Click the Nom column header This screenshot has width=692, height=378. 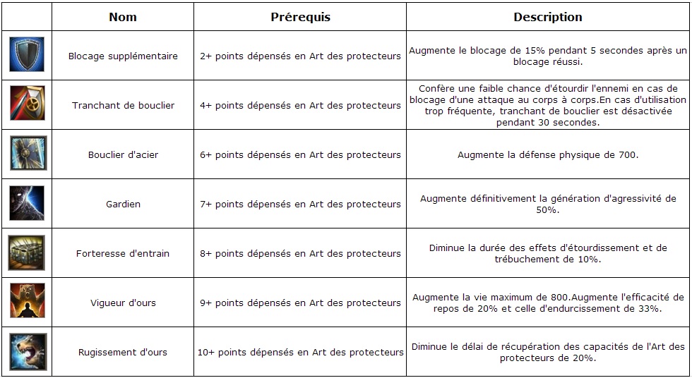(x=123, y=17)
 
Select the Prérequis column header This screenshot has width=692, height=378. (x=300, y=17)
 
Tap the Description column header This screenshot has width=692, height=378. (x=547, y=17)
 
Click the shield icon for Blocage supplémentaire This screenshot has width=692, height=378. (x=28, y=55)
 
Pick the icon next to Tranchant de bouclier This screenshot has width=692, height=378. (x=28, y=104)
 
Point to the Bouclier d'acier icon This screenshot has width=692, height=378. (x=28, y=154)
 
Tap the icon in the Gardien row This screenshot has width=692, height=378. (x=28, y=203)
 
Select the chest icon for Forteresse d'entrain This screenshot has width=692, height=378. (x=28, y=252)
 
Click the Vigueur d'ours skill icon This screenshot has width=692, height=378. (x=28, y=302)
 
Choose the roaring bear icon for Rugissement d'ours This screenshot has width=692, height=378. (x=28, y=351)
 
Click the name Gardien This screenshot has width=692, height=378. (x=123, y=205)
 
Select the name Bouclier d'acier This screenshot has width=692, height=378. (x=123, y=155)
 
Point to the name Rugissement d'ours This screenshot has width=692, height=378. (x=123, y=353)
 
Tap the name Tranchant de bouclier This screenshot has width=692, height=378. (x=123, y=106)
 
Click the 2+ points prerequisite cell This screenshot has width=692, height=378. (x=300, y=56)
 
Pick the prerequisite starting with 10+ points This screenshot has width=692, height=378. (x=300, y=353)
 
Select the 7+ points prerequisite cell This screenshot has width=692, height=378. (x=300, y=205)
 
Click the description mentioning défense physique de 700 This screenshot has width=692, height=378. (x=547, y=155)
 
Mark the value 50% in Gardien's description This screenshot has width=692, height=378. (x=547, y=210)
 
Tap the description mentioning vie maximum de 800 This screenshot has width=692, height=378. (x=547, y=303)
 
